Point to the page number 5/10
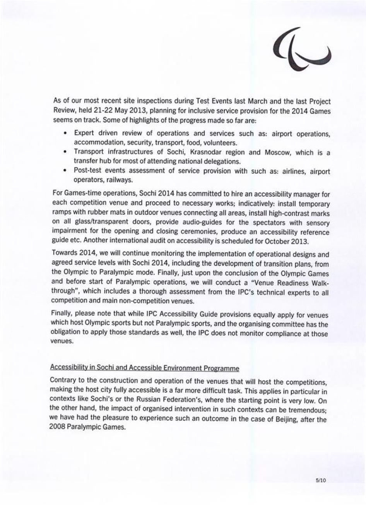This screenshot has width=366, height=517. tap(321, 480)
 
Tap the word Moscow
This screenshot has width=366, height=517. tap(278, 152)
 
